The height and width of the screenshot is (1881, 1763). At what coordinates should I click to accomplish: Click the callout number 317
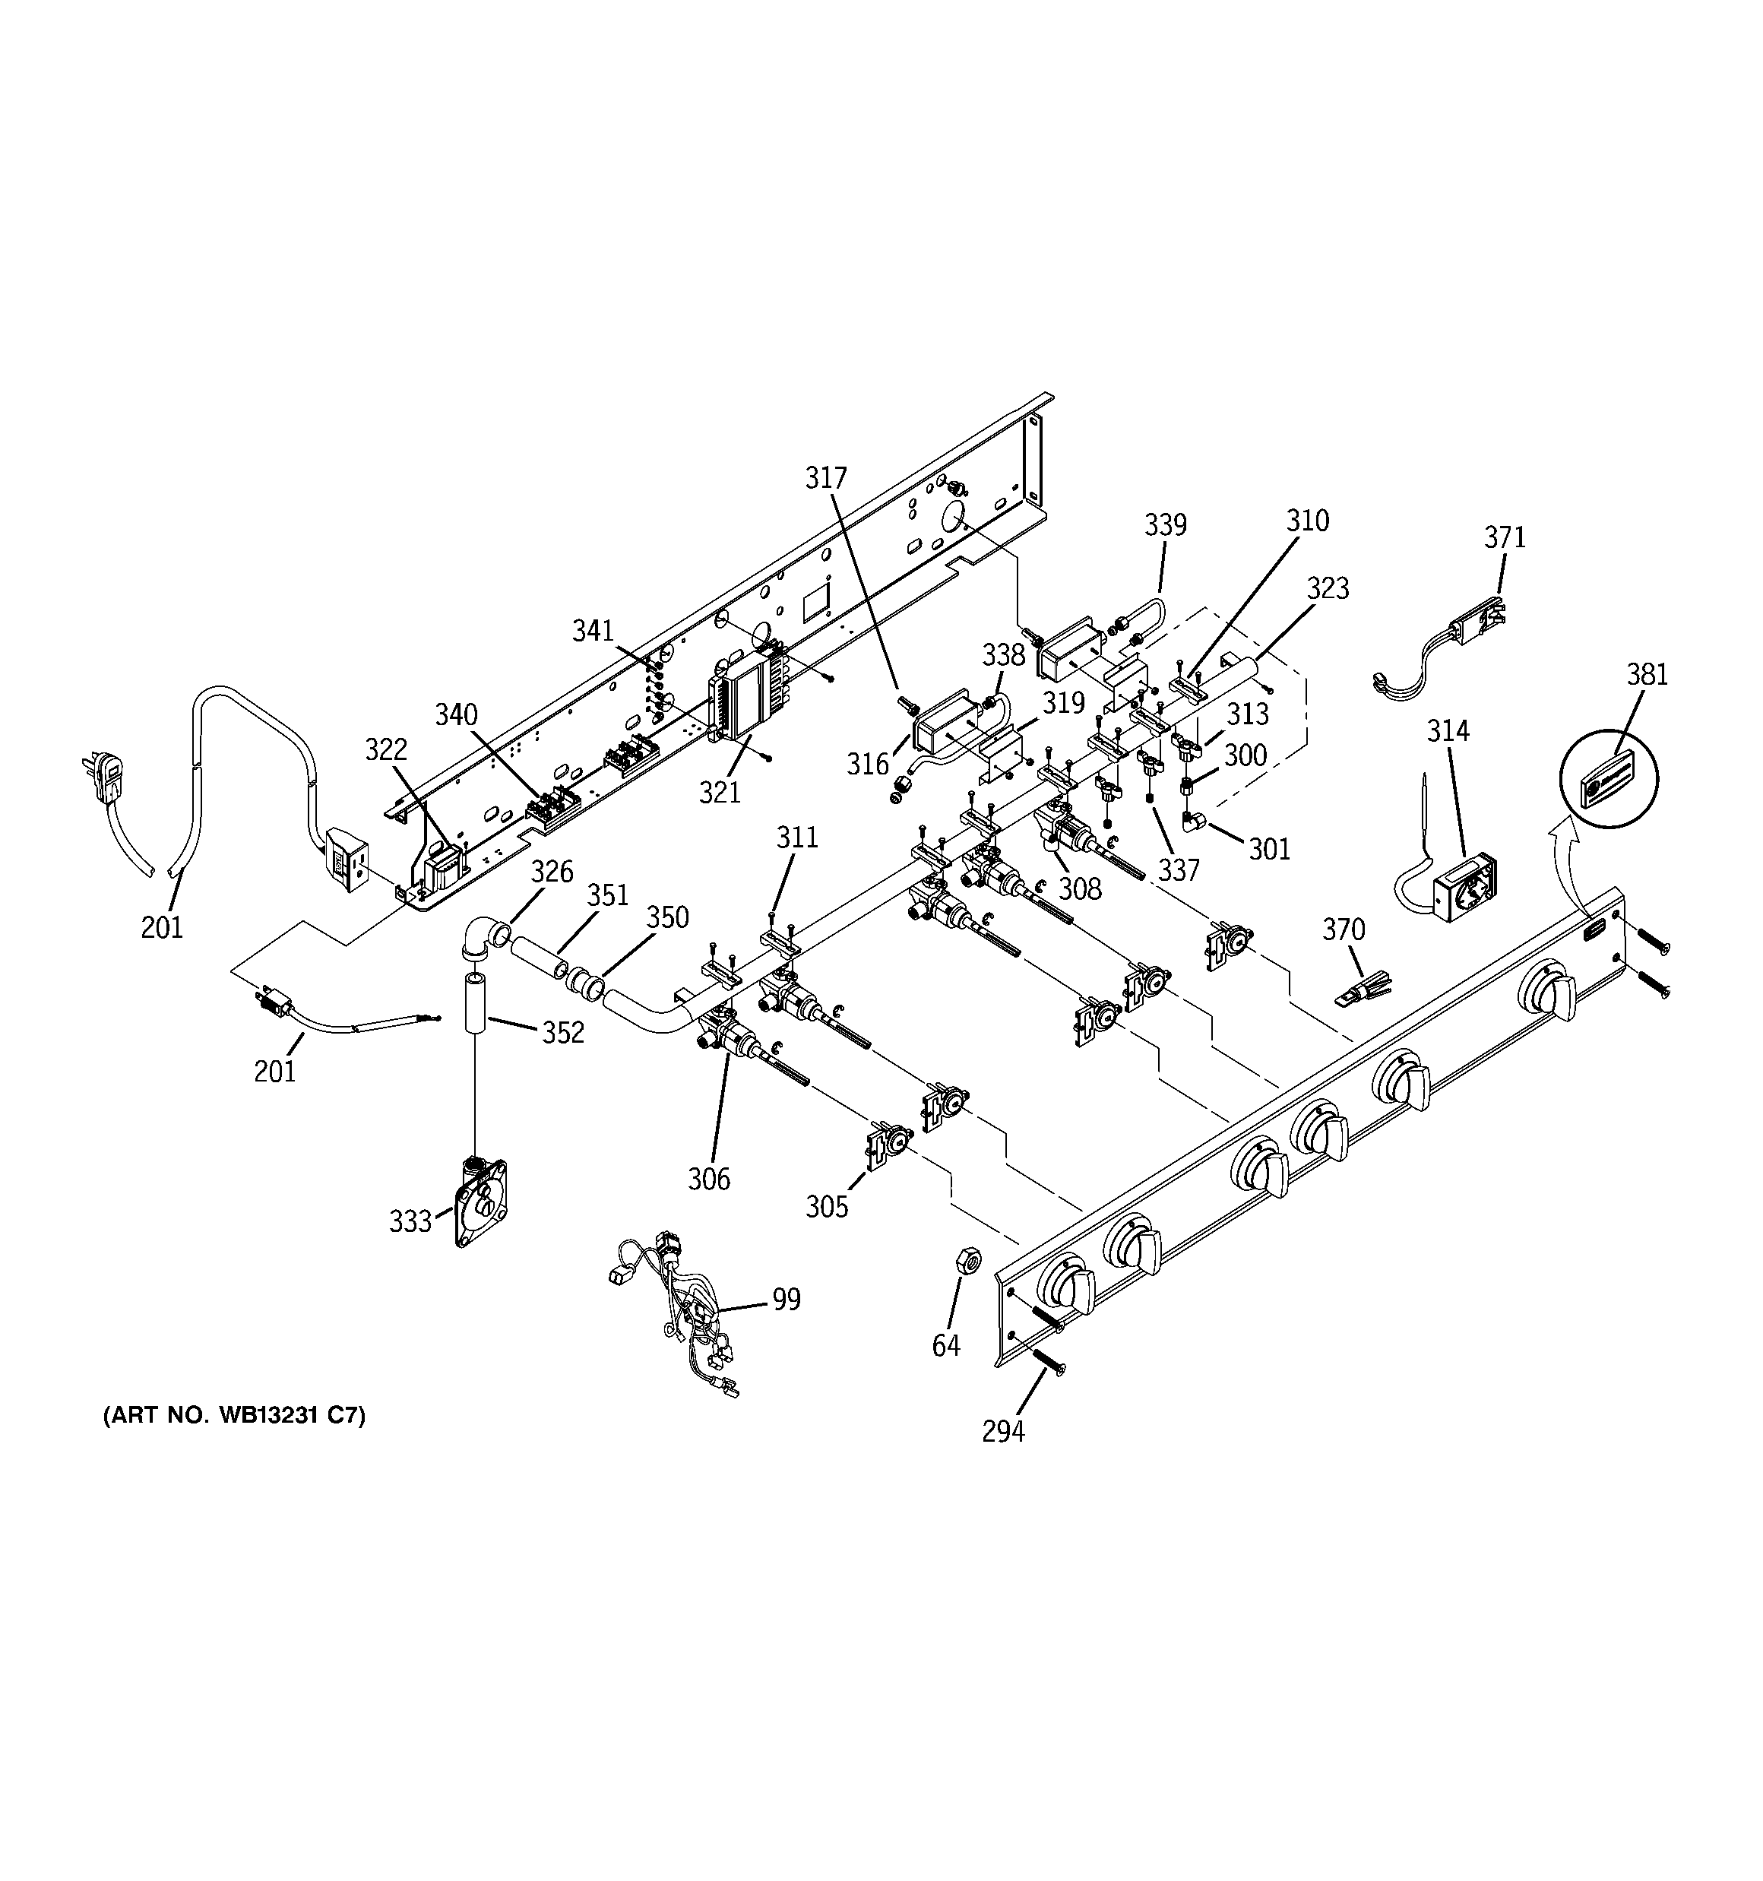coord(826,479)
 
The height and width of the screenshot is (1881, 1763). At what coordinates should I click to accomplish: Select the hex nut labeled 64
coord(968,1259)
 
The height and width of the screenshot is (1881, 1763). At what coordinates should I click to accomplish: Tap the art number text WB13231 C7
coord(234,1415)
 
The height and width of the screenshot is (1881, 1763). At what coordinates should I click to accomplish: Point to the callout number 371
coord(1505,537)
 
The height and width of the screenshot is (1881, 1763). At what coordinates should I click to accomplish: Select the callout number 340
coord(456,714)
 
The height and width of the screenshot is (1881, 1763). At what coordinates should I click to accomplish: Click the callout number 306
coord(709,1179)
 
